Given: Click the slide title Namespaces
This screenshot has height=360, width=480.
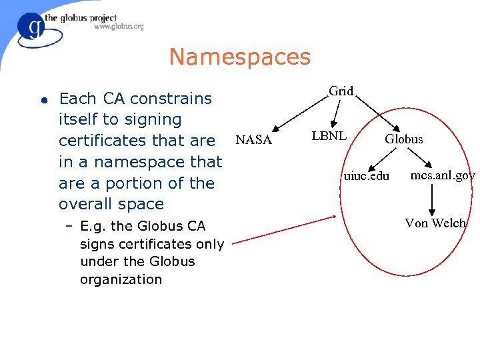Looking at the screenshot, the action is point(239,57).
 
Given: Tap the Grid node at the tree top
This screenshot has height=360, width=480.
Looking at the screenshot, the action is point(341,91).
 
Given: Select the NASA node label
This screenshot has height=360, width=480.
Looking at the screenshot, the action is point(253,140).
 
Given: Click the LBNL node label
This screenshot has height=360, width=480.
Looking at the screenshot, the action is point(329,136).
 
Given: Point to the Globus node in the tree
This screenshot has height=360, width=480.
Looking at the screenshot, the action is point(403,139).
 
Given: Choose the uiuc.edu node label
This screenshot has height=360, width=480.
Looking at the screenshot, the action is point(366,176).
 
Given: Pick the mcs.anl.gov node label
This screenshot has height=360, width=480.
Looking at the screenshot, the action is point(442,175).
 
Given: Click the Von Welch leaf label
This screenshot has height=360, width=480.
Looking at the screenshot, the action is point(435,223).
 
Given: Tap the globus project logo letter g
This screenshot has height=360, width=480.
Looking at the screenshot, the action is point(31,28).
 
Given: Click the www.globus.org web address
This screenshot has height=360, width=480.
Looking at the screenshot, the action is point(119,27).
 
